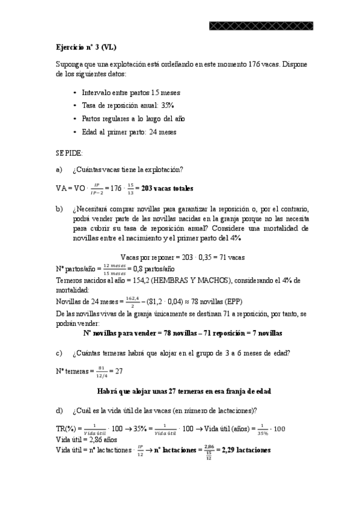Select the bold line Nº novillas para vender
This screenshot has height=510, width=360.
[x=182, y=333]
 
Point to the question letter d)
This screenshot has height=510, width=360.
[x=59, y=411]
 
